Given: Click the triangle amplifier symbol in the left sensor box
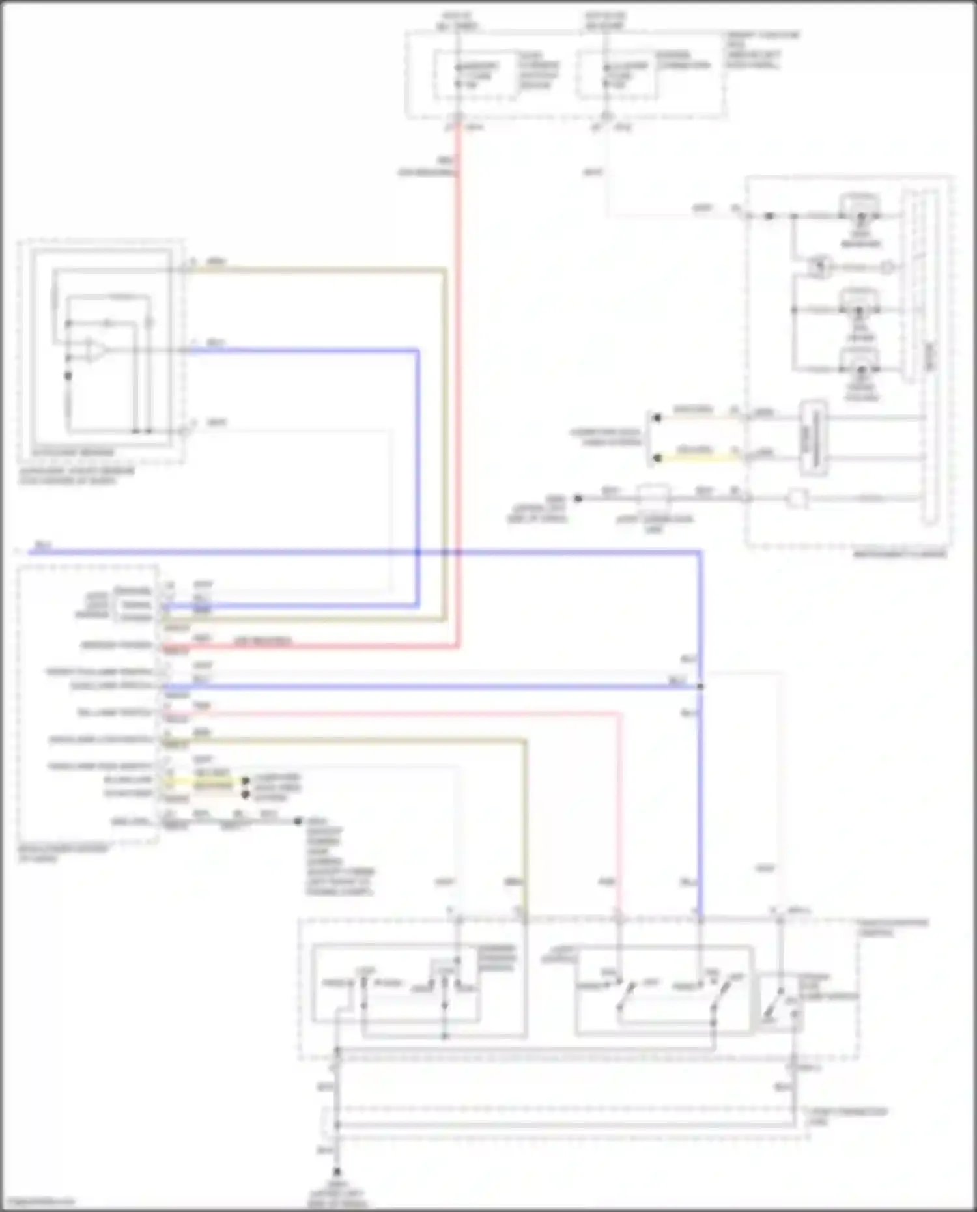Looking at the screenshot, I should tap(94, 350).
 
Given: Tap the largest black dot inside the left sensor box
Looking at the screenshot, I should tap(68, 376).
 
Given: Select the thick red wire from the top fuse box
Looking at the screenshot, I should tap(458, 391).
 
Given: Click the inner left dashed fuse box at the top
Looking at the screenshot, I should tap(476, 76).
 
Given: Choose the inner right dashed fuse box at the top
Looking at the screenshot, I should tap(616, 76).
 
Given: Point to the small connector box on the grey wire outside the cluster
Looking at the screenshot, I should tap(653, 498).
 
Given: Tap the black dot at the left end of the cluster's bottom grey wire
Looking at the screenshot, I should tap(578, 499).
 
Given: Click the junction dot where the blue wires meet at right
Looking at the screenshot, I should tap(701, 686).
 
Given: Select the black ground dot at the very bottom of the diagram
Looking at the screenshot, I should tap(337, 1170).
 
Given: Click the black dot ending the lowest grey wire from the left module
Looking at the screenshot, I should tap(298, 821).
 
